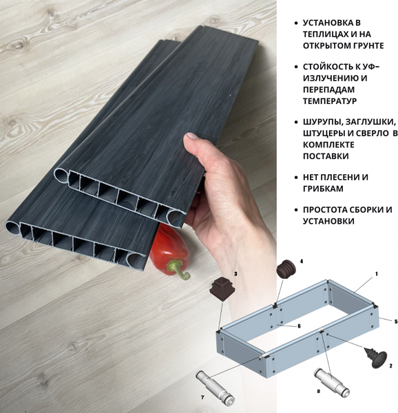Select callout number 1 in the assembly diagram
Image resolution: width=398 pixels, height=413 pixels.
(377, 274)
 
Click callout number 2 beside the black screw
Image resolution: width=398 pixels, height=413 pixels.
(391, 366)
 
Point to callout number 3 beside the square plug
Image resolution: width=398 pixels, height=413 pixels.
(235, 274)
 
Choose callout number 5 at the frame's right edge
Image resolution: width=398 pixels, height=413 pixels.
(396, 321)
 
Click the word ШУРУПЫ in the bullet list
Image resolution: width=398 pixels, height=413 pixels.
(322, 122)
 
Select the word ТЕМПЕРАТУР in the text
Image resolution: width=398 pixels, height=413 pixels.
(329, 101)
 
